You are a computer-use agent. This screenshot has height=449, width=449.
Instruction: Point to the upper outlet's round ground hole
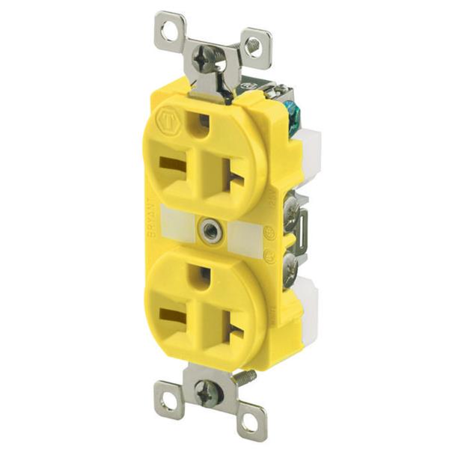coord(201,121)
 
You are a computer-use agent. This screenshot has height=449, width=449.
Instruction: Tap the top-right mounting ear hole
coord(253,47)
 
